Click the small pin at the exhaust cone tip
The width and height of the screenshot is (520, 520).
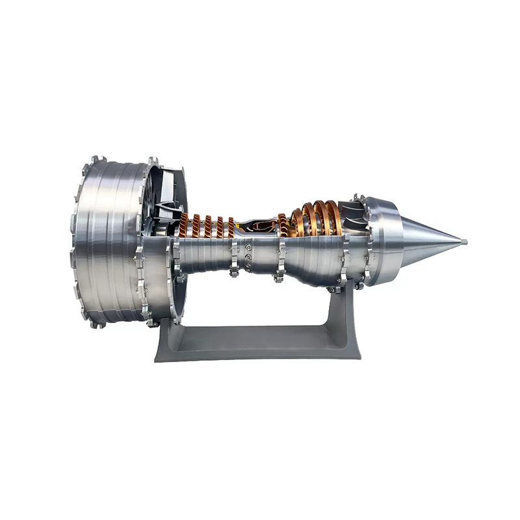(464, 242)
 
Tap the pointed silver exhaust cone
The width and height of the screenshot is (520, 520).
(429, 240)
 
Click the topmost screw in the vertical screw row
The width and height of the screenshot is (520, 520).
(248, 247)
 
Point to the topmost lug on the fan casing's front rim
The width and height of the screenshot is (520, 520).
(96, 159)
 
